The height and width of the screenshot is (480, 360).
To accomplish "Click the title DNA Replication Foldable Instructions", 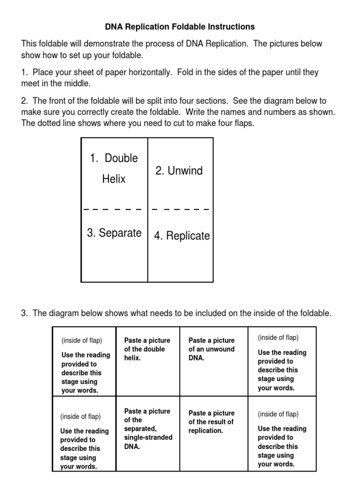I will (x=180, y=27).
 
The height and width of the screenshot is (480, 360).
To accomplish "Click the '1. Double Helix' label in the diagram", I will (x=114, y=168).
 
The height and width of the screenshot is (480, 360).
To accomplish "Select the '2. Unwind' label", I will (x=179, y=171).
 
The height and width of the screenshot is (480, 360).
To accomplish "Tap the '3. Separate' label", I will (x=114, y=233).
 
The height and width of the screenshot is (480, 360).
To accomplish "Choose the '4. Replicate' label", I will (x=182, y=236).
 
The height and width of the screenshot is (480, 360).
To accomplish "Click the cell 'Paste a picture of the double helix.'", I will (x=147, y=349).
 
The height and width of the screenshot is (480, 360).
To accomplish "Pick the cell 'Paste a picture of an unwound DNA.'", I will (x=211, y=349).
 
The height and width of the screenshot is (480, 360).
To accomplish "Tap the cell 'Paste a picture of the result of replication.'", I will (x=211, y=422).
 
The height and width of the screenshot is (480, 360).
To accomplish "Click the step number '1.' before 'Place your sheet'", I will (x=24, y=73).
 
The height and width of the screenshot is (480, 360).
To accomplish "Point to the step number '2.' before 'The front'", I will (x=24, y=101).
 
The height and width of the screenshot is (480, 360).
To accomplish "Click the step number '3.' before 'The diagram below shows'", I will (x=24, y=314).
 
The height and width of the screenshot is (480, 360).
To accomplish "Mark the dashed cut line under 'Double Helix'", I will (x=112, y=209).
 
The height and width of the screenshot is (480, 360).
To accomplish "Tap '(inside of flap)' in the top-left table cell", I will (x=82, y=341).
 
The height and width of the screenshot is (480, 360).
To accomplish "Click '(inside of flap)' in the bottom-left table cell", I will (x=80, y=417).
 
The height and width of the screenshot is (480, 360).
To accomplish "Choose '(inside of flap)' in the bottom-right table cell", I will (x=278, y=414).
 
